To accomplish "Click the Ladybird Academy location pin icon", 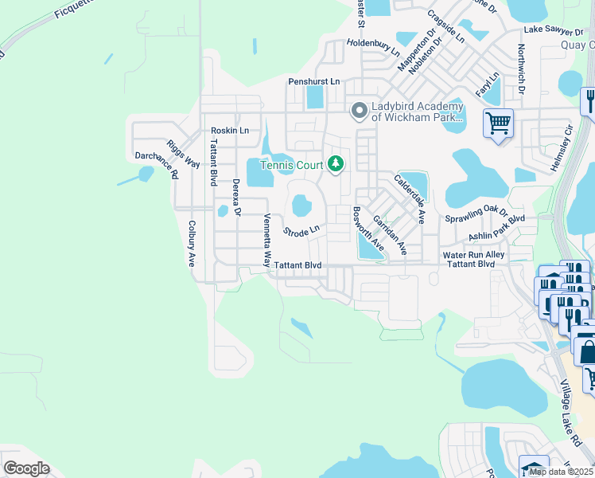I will [x=359, y=111].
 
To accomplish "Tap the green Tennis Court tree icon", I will [x=336, y=164].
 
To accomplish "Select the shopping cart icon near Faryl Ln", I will [x=498, y=123].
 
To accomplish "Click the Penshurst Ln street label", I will [x=313, y=81].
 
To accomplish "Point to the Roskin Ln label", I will [x=229, y=130].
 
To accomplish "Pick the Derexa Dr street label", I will [x=236, y=198].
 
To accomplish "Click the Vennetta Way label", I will [x=268, y=241].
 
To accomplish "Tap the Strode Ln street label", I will [x=301, y=231].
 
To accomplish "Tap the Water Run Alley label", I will [x=473, y=254].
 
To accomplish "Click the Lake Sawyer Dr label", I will [x=554, y=30].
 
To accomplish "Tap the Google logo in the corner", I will [x=26, y=468].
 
